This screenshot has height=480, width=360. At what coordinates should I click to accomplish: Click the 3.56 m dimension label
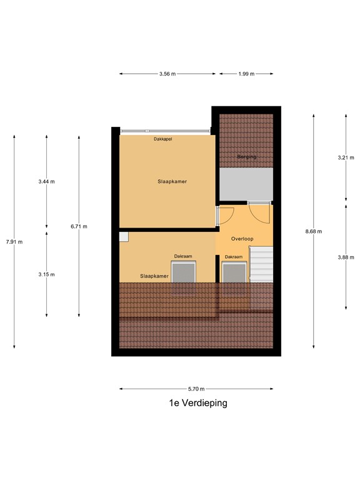(167, 74)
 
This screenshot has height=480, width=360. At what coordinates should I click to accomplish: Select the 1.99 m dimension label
(246, 74)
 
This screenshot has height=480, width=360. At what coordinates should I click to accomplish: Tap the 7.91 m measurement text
(14, 242)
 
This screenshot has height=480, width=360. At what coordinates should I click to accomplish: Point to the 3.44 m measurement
(47, 182)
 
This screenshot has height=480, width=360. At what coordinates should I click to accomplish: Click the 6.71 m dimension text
(79, 226)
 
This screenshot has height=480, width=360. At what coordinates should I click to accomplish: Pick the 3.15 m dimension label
(47, 274)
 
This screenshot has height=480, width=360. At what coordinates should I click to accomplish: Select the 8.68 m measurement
(314, 231)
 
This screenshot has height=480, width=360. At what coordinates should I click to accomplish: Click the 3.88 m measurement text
(346, 256)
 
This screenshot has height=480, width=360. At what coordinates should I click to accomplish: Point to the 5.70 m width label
(196, 389)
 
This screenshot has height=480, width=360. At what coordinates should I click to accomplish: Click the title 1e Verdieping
(198, 403)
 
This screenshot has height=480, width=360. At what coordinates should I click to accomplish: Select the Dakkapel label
(163, 139)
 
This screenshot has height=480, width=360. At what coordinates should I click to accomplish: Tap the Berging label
(246, 157)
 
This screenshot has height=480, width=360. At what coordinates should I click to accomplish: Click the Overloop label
(241, 239)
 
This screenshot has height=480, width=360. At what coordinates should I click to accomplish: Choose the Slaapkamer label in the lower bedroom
(154, 276)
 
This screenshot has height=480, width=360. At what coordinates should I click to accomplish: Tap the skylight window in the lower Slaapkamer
(185, 273)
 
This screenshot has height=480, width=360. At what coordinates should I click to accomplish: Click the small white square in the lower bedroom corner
(124, 236)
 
